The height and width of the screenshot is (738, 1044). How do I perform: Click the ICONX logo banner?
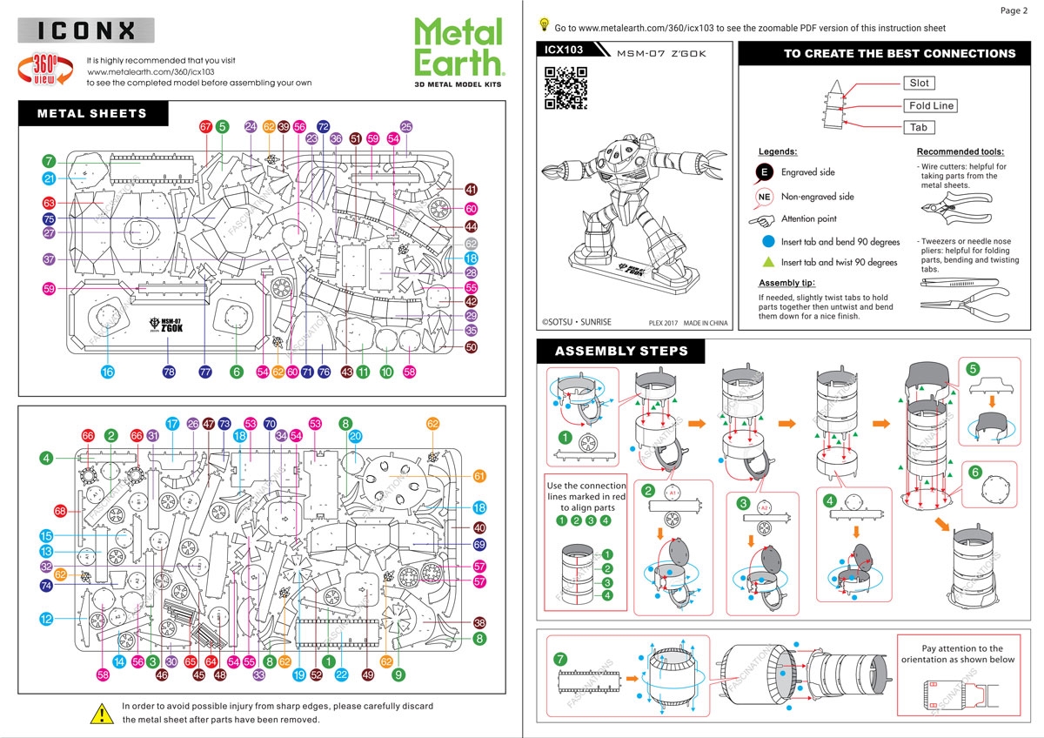coord(86,31)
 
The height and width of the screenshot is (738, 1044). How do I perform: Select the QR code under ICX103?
coord(566,87)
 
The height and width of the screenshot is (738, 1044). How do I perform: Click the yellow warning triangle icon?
coord(102,713)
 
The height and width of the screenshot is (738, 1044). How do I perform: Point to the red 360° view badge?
coord(45,69)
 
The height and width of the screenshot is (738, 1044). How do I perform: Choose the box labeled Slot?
coord(919,84)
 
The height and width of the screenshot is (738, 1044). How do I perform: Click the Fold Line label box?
coord(931,105)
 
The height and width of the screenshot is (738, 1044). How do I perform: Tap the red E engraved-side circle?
coord(764,172)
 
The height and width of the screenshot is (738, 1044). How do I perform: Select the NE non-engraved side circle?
coord(764,197)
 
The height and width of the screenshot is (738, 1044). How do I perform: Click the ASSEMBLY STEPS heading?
coord(621,352)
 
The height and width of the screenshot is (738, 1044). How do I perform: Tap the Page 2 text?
coord(1014,10)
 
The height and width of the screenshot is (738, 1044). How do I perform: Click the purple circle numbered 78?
coord(169,372)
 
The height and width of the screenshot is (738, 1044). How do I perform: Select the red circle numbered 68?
coord(60,511)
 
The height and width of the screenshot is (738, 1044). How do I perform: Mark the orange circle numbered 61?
coord(479,476)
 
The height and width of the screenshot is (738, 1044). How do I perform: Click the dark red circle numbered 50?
coord(472,346)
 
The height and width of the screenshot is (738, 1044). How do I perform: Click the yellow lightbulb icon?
coord(545,24)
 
